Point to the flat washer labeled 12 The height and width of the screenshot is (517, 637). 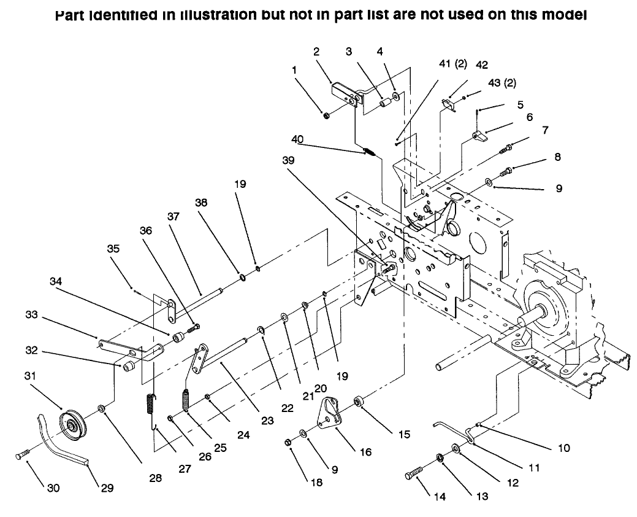click(456, 448)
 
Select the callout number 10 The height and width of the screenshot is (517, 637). click(563, 448)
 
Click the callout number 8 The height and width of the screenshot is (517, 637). click(557, 157)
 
